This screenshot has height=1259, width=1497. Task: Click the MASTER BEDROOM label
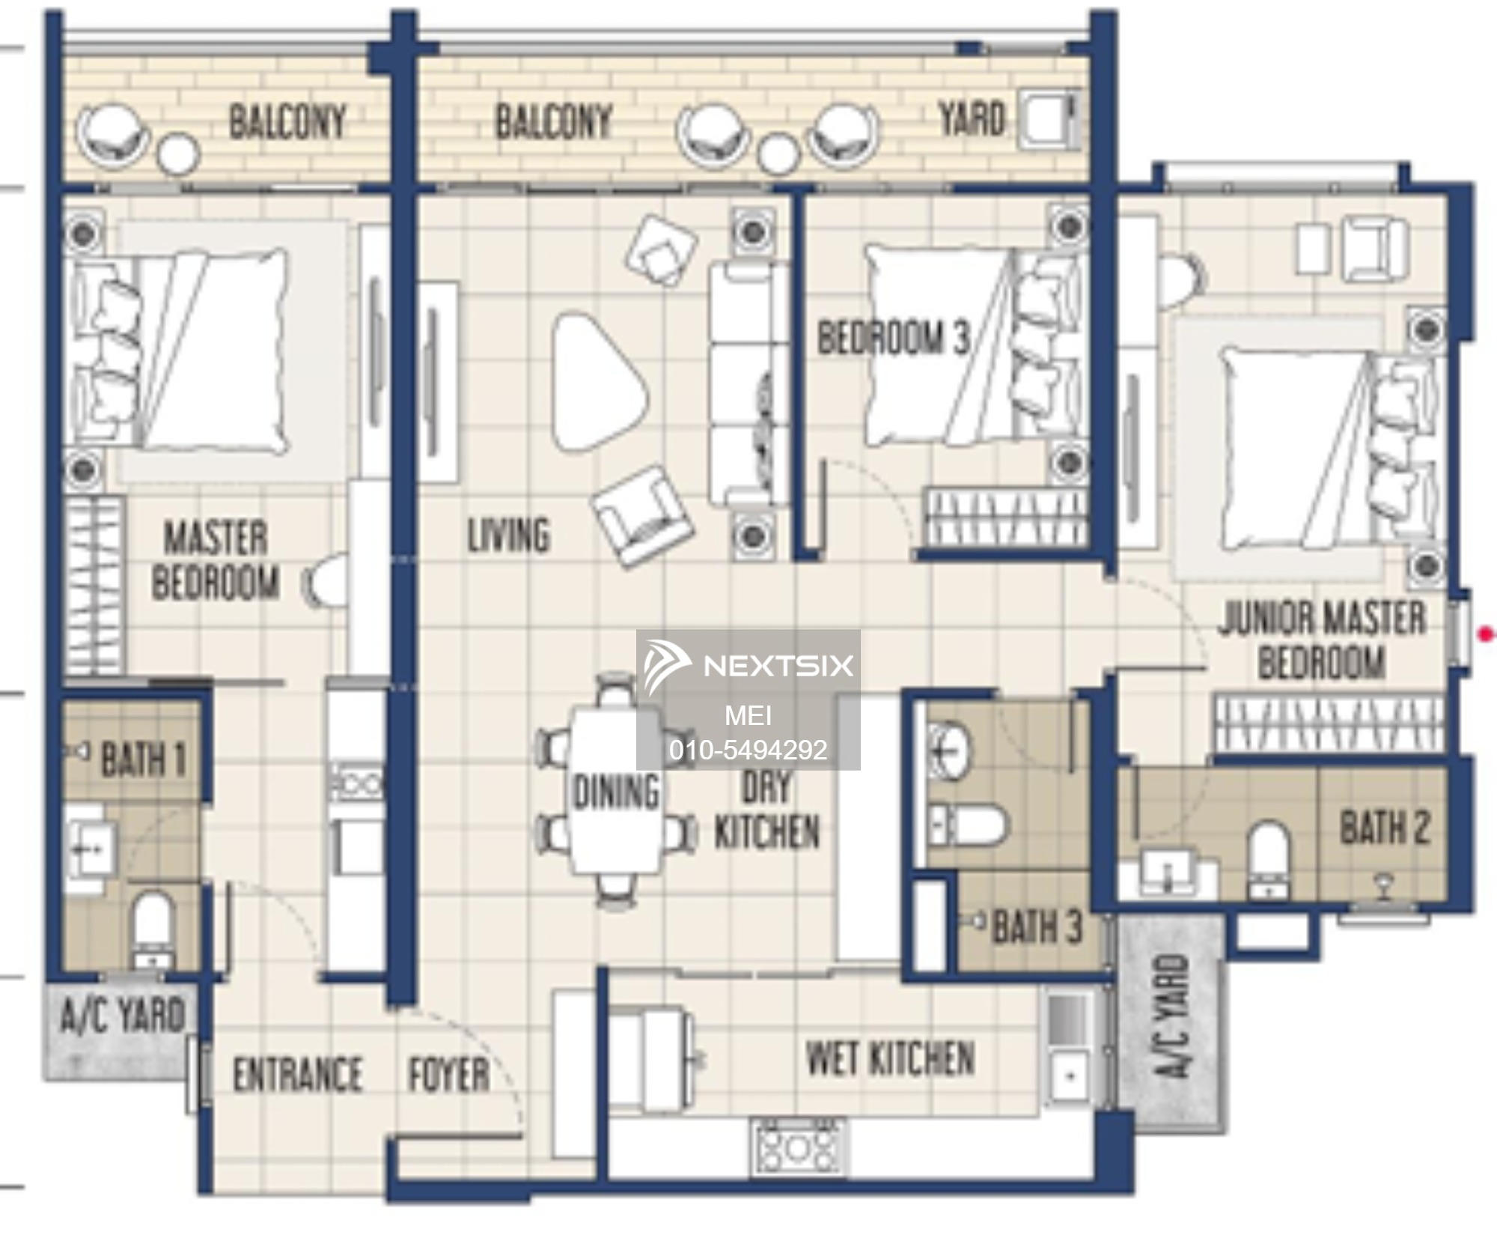coord(216,560)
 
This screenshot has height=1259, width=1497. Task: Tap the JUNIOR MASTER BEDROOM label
coord(1322,640)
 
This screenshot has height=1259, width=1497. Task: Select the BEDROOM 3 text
coord(893,337)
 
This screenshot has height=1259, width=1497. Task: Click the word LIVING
coord(509,536)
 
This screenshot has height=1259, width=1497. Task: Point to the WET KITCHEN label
coord(891,1058)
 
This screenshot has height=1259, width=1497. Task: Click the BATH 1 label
coord(143,759)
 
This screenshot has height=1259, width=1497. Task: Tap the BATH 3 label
coord(1037,926)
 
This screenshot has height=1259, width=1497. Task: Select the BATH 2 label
coord(1385,828)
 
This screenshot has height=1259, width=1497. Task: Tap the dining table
coord(615,790)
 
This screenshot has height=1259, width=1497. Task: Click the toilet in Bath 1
coord(153,929)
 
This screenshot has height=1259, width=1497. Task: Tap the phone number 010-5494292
coord(748,750)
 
